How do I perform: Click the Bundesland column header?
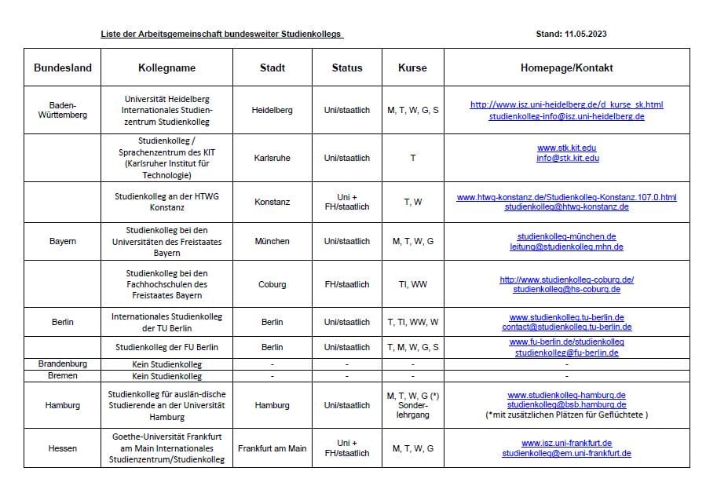63,68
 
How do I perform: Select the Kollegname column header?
166,68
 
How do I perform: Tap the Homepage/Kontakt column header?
566,68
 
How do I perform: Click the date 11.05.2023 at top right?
585,34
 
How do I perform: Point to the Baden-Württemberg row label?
63,110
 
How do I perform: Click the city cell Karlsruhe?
272,158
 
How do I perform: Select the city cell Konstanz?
272,202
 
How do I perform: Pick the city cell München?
272,241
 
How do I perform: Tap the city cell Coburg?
272,284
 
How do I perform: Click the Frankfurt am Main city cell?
272,448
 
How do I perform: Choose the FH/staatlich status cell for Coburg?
346,284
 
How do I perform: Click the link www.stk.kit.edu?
566,148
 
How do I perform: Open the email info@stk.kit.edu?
566,158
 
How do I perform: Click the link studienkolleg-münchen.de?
566,236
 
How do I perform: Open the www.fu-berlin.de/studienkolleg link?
566,342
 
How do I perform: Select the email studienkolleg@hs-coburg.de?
566,289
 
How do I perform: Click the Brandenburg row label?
63,364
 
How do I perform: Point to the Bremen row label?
63,376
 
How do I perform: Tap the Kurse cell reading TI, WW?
412,284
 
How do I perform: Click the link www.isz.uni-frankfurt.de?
566,443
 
